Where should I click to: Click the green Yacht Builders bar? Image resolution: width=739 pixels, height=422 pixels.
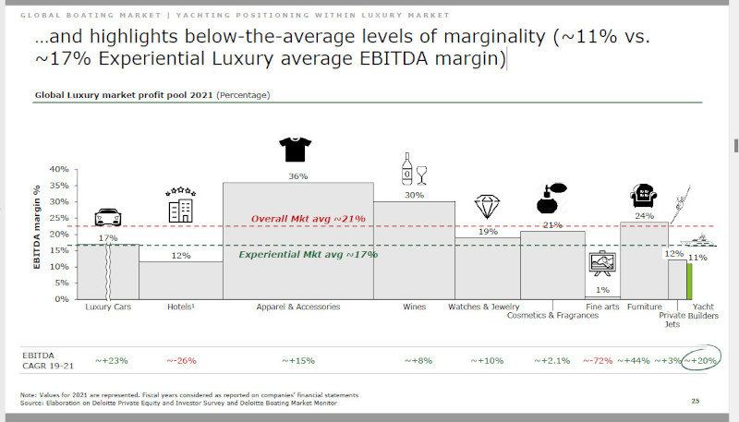click(689, 281)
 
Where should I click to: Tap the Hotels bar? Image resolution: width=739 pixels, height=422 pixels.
click(181, 280)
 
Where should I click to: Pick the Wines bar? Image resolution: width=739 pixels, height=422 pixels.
click(414, 249)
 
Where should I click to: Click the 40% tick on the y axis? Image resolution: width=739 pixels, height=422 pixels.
click(58, 170)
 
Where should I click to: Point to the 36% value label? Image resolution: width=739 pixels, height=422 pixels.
click(298, 175)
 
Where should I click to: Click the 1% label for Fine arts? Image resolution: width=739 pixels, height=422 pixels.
click(601, 291)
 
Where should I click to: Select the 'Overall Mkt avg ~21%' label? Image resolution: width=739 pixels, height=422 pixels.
click(309, 218)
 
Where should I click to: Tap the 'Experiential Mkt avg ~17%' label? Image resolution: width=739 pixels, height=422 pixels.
click(309, 254)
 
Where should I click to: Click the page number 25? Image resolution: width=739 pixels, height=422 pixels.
click(696, 401)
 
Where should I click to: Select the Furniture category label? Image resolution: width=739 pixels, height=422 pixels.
click(643, 307)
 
